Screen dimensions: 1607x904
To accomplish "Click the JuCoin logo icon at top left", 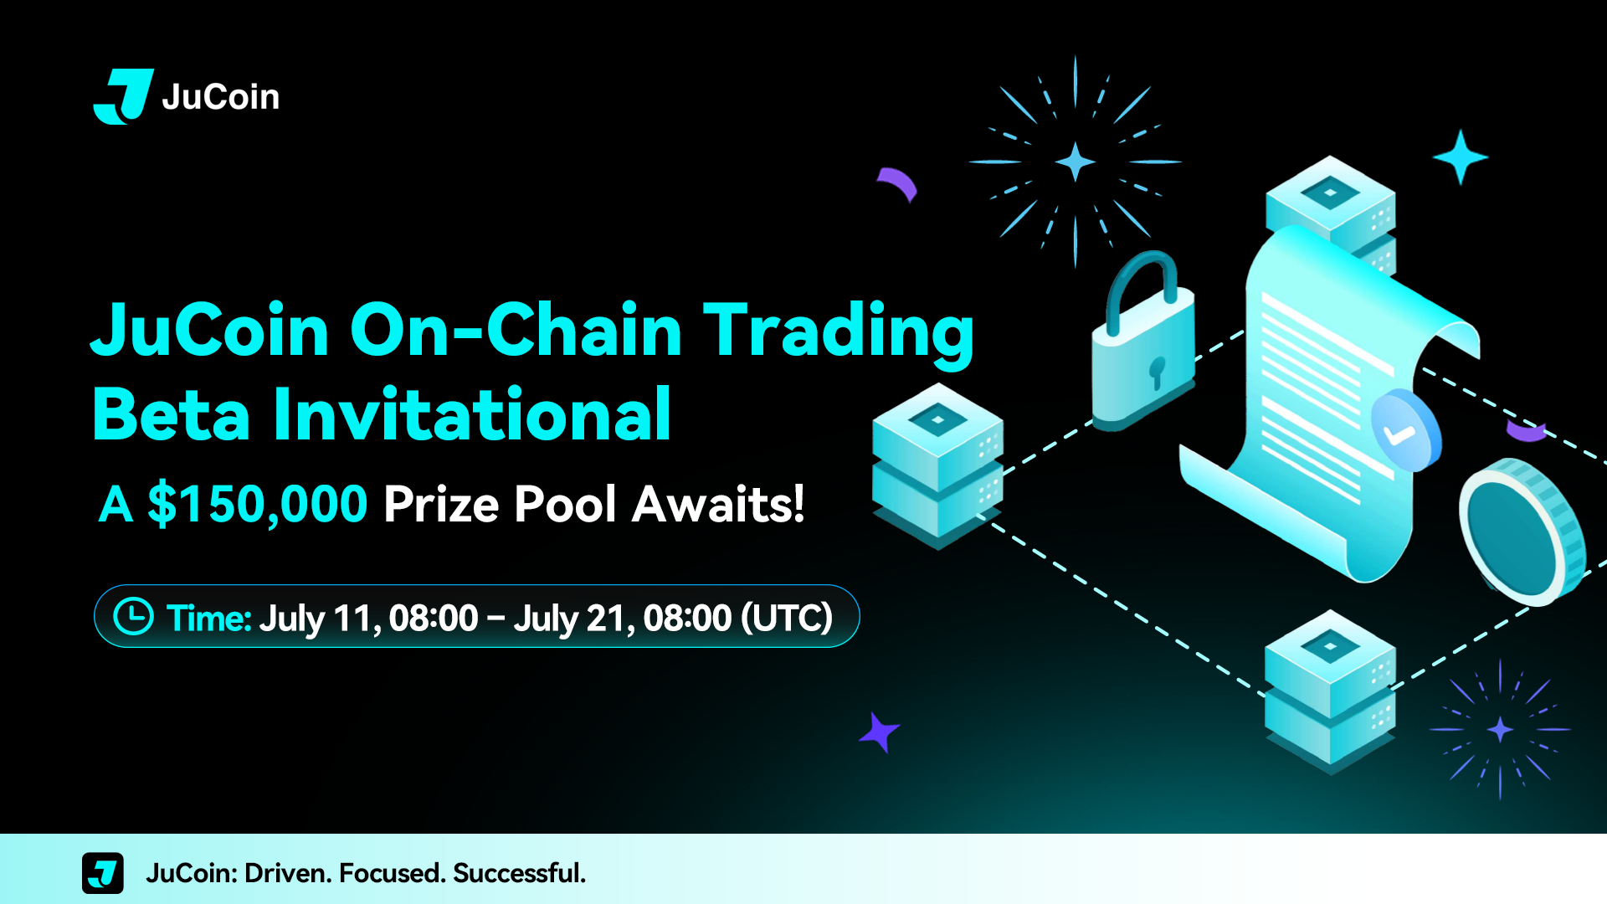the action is coord(123,96).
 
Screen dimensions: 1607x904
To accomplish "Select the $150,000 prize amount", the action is coord(258,504).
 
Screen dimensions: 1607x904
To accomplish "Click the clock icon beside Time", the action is coord(134,616).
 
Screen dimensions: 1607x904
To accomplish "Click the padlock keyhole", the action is coord(1157,372).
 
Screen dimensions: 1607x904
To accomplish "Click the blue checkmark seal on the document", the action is coord(1406,430).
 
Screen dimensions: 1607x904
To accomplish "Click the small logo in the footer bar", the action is coord(103,873).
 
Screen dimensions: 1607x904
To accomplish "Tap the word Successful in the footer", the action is coord(519,873).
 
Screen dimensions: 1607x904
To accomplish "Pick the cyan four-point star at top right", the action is coord(1461,157).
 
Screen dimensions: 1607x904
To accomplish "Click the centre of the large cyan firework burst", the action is coord(1076,162).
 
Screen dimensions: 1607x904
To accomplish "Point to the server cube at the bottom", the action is coord(1330,691).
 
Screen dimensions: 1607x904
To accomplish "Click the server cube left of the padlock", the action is coord(937,465).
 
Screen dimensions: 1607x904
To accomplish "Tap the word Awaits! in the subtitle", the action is coord(718,504).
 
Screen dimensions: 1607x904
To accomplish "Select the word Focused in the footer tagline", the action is coord(391,873).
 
